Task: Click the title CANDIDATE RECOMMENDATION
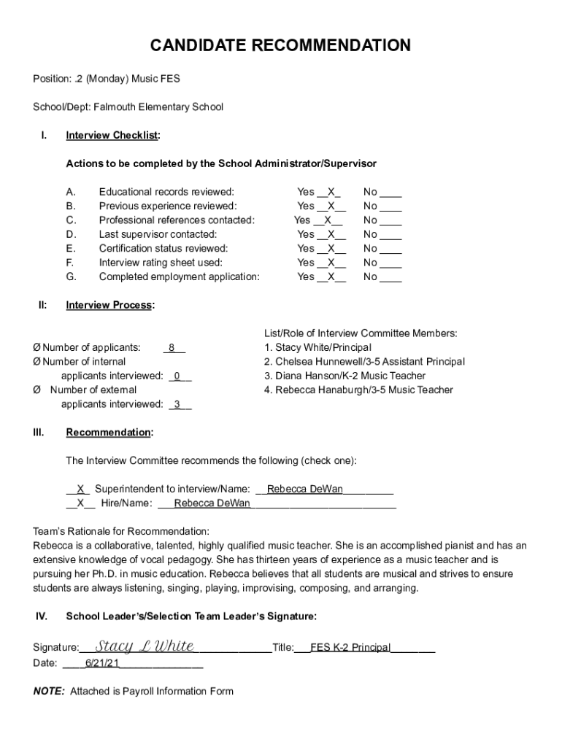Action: pos(280,46)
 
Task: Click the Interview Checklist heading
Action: pos(112,136)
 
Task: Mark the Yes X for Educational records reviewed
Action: pos(331,192)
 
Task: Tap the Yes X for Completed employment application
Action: pos(331,276)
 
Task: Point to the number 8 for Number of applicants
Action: pos(172,348)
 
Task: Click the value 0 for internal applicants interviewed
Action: pos(177,376)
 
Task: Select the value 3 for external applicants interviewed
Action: pos(177,404)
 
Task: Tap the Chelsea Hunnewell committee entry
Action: pos(364,362)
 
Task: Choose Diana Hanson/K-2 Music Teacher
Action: pos(344,376)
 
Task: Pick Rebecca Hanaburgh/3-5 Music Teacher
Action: pos(358,390)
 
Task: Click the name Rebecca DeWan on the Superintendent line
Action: pos(304,489)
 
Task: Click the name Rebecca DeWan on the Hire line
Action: pos(212,503)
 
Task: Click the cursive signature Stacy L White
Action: pos(145,646)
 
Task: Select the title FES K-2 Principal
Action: pos(350,647)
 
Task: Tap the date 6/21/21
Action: pos(102,663)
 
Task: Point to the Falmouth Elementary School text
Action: pos(158,107)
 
